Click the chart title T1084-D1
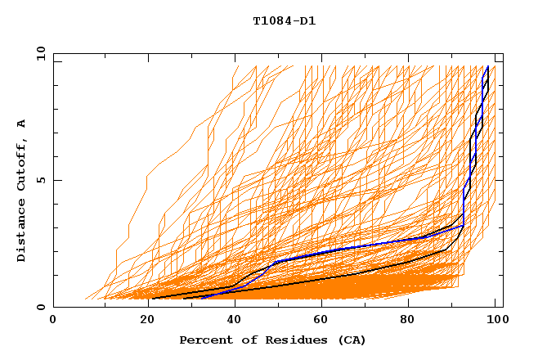coord(284,20)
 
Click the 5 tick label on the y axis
coord(40,180)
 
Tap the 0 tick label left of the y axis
coord(40,307)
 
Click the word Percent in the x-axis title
coord(204,340)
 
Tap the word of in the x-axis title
coord(244,340)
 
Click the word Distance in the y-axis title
coord(22,232)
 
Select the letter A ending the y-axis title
coord(22,123)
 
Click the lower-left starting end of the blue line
coord(200,298)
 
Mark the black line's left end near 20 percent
coord(151,298)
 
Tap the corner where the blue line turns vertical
coord(464,225)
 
